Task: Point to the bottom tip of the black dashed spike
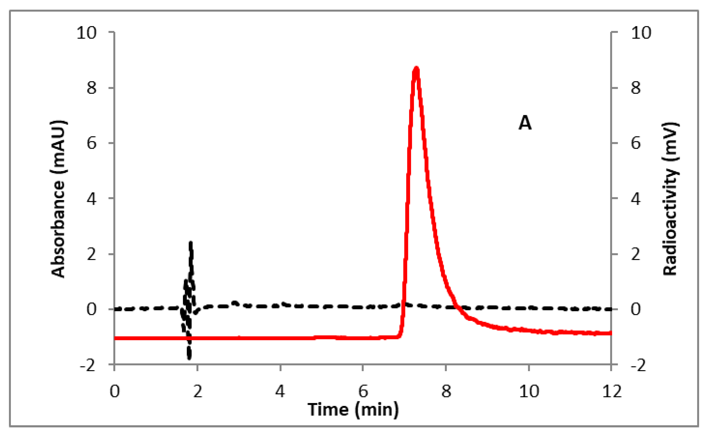coord(189,359)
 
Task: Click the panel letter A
coord(525,123)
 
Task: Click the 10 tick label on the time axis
coord(529,392)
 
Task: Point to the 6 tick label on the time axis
coord(363,392)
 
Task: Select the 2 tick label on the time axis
coord(198,392)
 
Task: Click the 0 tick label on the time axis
coord(115,392)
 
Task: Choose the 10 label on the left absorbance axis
coord(86,33)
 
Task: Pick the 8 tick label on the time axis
coord(446,392)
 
